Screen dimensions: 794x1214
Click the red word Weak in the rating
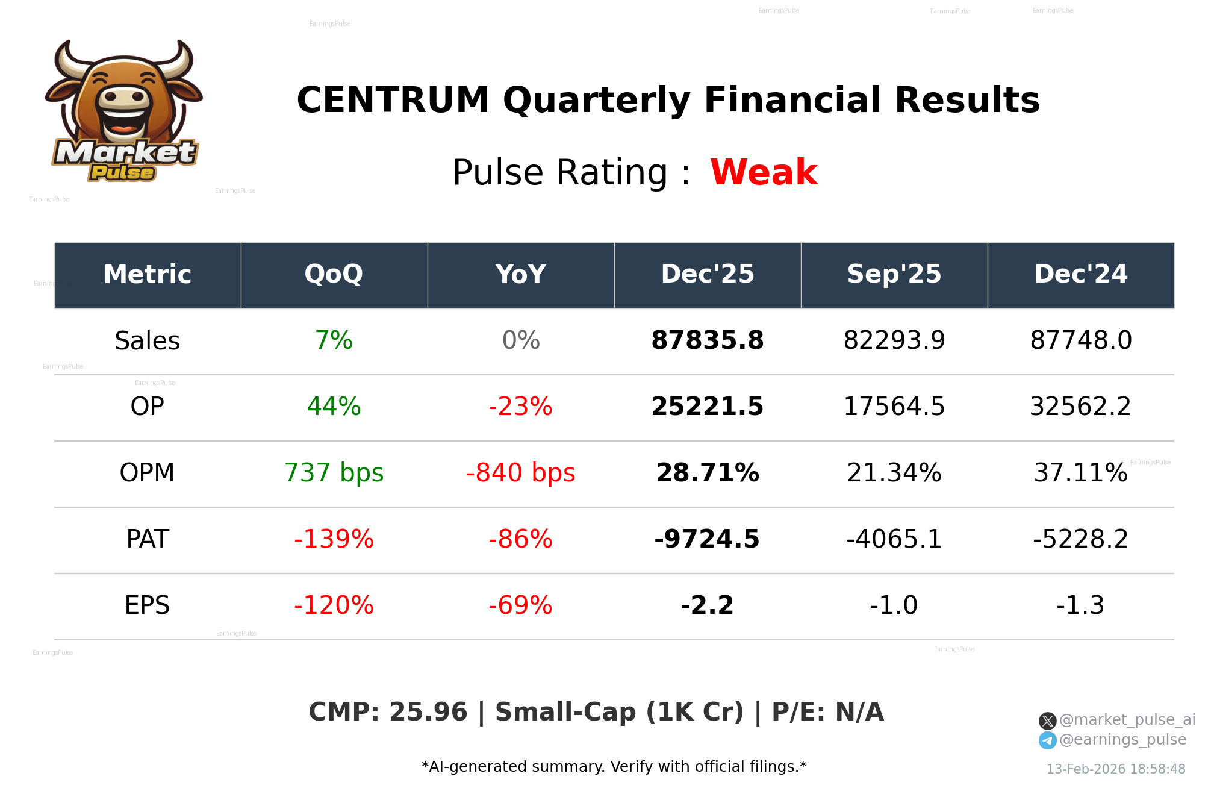(x=763, y=172)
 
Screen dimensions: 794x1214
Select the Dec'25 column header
(x=707, y=274)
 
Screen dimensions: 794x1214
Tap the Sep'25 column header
(x=894, y=274)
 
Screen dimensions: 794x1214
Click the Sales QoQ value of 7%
(x=334, y=340)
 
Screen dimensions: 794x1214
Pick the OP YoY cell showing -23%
(x=520, y=407)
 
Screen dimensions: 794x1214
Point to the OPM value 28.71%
(x=707, y=473)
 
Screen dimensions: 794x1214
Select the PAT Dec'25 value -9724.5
(x=707, y=539)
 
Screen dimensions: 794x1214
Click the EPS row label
(x=147, y=605)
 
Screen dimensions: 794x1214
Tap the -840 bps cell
(x=520, y=473)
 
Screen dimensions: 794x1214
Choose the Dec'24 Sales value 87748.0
(x=1080, y=340)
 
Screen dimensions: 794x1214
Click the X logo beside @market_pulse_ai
(x=1047, y=721)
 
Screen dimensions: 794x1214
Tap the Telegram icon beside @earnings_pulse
(x=1047, y=740)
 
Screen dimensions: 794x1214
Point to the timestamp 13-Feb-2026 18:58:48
(x=1115, y=769)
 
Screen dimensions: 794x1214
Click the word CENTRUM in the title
(x=393, y=100)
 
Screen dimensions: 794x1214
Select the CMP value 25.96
(x=428, y=712)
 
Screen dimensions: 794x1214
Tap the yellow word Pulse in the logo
(x=122, y=173)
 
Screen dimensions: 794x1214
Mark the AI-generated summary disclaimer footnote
(x=614, y=767)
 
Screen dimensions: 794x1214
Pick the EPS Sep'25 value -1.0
(x=894, y=605)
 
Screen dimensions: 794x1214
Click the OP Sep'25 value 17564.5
(x=894, y=407)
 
